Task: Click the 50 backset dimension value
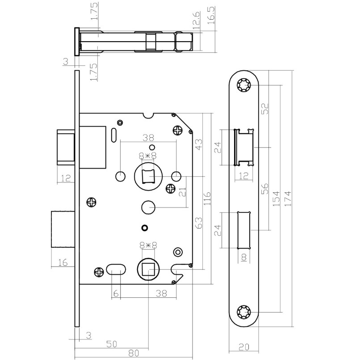point(112,344)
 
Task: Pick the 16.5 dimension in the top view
point(211,16)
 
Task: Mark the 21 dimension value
point(182,192)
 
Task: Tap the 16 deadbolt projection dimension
point(63,263)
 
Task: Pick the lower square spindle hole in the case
point(148,270)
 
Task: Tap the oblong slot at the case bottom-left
point(116,270)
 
